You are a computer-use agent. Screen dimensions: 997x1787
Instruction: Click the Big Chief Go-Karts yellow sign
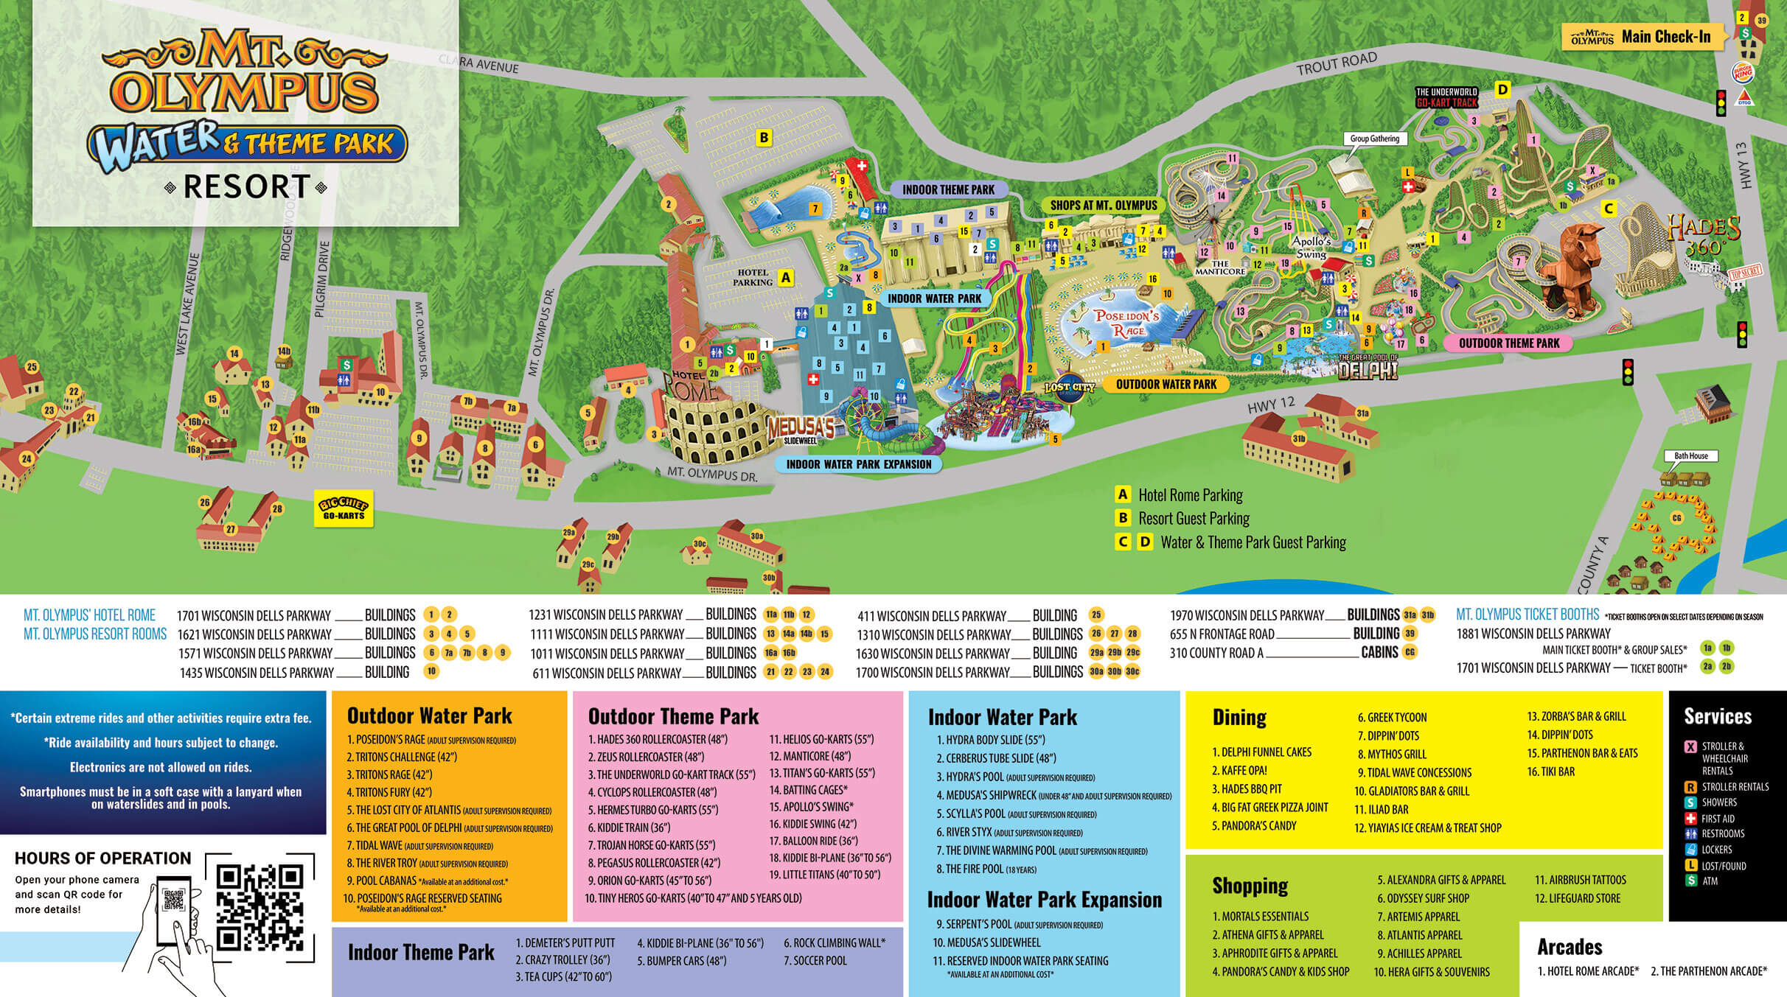pos(344,508)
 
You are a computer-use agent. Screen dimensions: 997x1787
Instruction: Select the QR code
pos(260,907)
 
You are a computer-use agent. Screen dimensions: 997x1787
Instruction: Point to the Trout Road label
pos(1337,64)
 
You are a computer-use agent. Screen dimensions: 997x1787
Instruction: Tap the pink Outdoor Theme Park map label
pos(1508,343)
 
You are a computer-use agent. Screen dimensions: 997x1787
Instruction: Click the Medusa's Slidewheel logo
pos(801,430)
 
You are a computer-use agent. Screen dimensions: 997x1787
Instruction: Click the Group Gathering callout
pos(1374,139)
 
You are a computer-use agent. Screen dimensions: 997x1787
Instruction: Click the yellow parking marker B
pos(764,137)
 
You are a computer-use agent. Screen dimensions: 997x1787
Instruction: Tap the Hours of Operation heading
pos(102,858)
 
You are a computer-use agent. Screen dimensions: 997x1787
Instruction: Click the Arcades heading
pos(1570,947)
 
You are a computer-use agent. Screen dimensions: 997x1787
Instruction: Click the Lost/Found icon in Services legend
pos(1691,866)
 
